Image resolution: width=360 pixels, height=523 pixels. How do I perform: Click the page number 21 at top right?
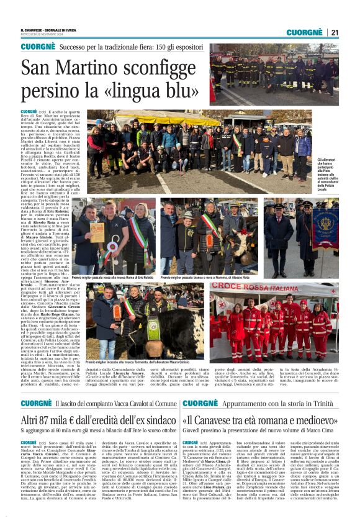pos(335,32)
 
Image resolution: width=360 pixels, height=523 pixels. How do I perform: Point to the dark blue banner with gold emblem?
pos(325,228)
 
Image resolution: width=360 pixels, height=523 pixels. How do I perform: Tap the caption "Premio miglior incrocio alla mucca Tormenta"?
pos(127,361)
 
